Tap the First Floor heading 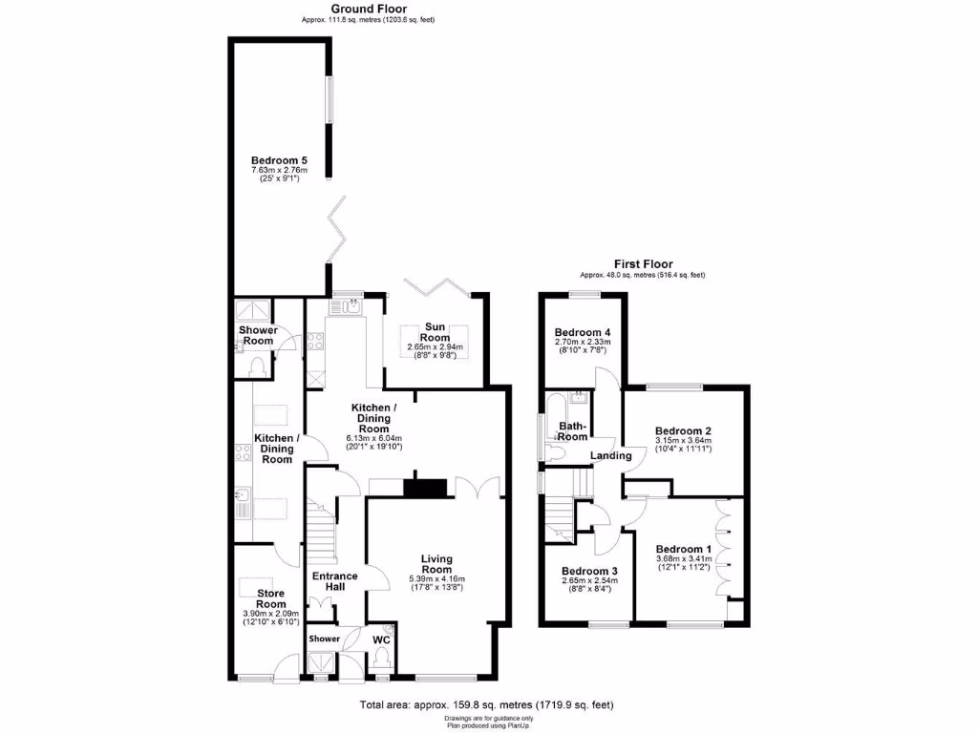643,264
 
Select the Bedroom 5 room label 279,160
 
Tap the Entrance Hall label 335,581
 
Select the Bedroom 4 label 583,332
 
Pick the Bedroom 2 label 684,431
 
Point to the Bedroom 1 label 683,549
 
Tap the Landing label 611,456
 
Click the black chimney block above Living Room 426,488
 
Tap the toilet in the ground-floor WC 383,656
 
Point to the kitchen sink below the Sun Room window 351,306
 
